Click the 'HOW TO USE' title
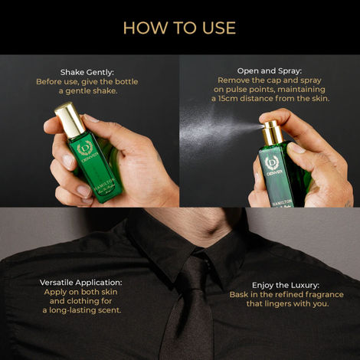[x=179, y=28]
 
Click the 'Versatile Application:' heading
[x=81, y=282]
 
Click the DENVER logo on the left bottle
[x=87, y=149]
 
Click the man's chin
[x=184, y=215]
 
